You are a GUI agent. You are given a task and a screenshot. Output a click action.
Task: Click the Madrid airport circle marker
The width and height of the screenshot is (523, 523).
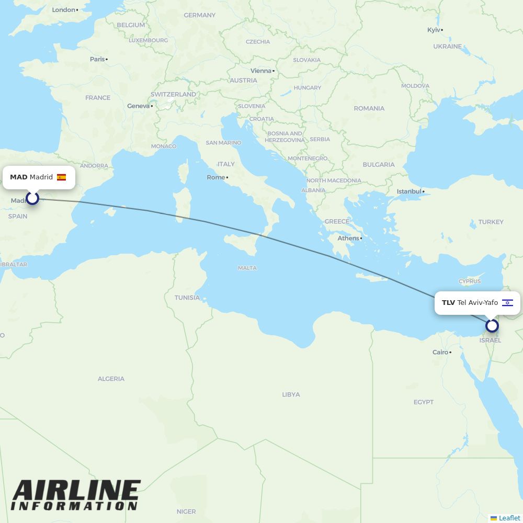[32, 198]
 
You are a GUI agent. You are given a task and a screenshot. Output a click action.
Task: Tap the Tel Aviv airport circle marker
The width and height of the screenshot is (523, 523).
[492, 326]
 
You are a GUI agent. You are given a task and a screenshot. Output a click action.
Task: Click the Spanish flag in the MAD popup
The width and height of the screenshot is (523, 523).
[61, 177]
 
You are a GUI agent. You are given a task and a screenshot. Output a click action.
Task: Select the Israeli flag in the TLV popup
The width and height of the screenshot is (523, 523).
[507, 303]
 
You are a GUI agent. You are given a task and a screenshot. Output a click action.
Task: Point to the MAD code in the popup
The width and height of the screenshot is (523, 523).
[18, 177]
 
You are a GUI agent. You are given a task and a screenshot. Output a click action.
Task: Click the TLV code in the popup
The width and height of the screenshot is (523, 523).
[448, 303]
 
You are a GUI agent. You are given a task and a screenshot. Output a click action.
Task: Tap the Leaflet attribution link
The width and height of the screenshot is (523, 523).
[509, 518]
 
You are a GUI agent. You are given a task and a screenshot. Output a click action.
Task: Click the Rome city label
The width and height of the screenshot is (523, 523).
[216, 177]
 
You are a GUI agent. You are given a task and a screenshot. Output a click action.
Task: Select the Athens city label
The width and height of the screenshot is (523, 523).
[348, 238]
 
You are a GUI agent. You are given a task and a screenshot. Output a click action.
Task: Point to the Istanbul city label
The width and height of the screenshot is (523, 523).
[409, 191]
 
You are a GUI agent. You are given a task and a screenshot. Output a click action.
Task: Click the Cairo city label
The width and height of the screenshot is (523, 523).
[440, 352]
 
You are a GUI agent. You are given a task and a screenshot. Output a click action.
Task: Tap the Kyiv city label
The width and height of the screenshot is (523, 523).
[434, 30]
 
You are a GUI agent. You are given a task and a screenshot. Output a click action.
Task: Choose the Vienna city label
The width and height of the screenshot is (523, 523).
[261, 71]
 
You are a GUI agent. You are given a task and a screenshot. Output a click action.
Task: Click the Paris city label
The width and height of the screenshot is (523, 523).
[97, 59]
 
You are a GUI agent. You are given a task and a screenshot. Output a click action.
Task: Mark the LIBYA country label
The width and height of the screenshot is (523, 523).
[291, 394]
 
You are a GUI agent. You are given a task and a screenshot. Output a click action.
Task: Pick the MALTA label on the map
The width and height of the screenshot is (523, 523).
[247, 268]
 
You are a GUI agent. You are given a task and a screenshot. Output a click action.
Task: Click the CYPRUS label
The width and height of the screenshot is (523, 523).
[469, 281]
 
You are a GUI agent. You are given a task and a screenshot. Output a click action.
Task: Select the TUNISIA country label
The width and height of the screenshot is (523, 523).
[187, 298]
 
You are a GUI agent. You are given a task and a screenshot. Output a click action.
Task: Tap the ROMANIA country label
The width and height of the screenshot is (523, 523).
[369, 108]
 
